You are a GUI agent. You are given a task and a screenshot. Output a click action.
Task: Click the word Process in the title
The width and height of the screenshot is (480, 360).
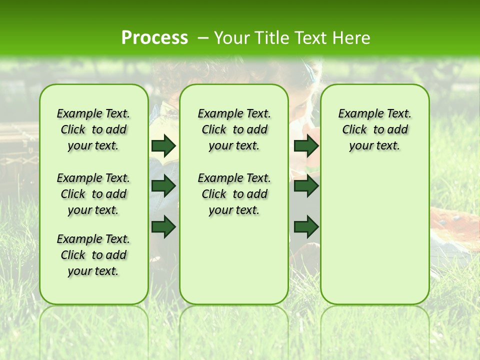pos(154,37)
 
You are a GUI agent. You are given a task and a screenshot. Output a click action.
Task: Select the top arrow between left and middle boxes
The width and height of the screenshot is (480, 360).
pos(163,145)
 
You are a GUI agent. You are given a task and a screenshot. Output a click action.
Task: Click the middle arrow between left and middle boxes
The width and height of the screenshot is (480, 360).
pos(163,186)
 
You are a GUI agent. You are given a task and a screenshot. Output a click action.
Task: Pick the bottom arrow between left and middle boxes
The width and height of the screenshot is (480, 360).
pos(163,226)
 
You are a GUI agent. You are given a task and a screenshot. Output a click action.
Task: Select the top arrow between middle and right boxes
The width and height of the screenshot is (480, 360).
pos(306,145)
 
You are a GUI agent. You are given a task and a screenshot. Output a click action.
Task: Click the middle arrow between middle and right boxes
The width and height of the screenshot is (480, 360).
pos(306,186)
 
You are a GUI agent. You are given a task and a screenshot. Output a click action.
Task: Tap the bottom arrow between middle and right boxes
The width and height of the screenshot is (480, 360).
pos(306,226)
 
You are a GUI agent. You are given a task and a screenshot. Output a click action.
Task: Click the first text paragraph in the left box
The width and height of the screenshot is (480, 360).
pos(93,129)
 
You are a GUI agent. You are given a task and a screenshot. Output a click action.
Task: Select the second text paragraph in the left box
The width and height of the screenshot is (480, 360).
pos(93,194)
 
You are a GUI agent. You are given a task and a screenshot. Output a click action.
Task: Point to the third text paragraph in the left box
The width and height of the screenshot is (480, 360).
pos(93,255)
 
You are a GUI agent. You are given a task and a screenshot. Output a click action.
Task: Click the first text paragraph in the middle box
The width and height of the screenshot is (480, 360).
pos(234,129)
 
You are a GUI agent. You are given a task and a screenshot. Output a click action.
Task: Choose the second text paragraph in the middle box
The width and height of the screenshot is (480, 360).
pos(234,194)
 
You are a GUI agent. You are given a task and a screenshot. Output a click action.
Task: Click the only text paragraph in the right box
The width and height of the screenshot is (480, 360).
pos(375,129)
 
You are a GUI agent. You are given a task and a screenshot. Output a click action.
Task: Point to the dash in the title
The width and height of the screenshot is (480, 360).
pos(203,38)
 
